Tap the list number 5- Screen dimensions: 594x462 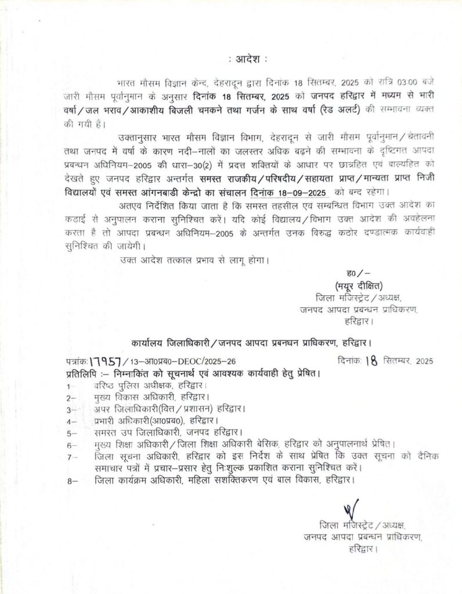(x=72, y=433)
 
